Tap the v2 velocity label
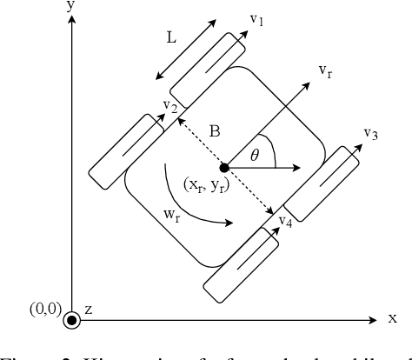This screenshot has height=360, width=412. coord(171,106)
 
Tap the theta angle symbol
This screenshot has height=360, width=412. coord(255,155)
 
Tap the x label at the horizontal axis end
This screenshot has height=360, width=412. coord(392,317)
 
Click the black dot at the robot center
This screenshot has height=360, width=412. coord(225,167)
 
